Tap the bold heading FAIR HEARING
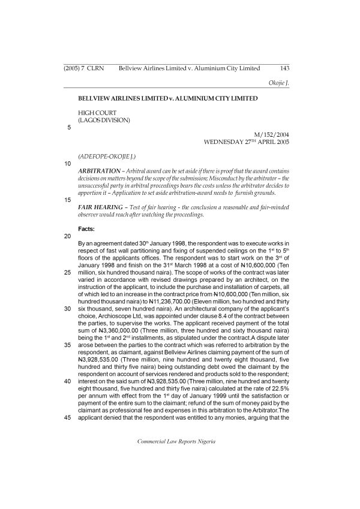(x=100, y=207)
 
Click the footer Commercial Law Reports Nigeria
(x=176, y=441)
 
